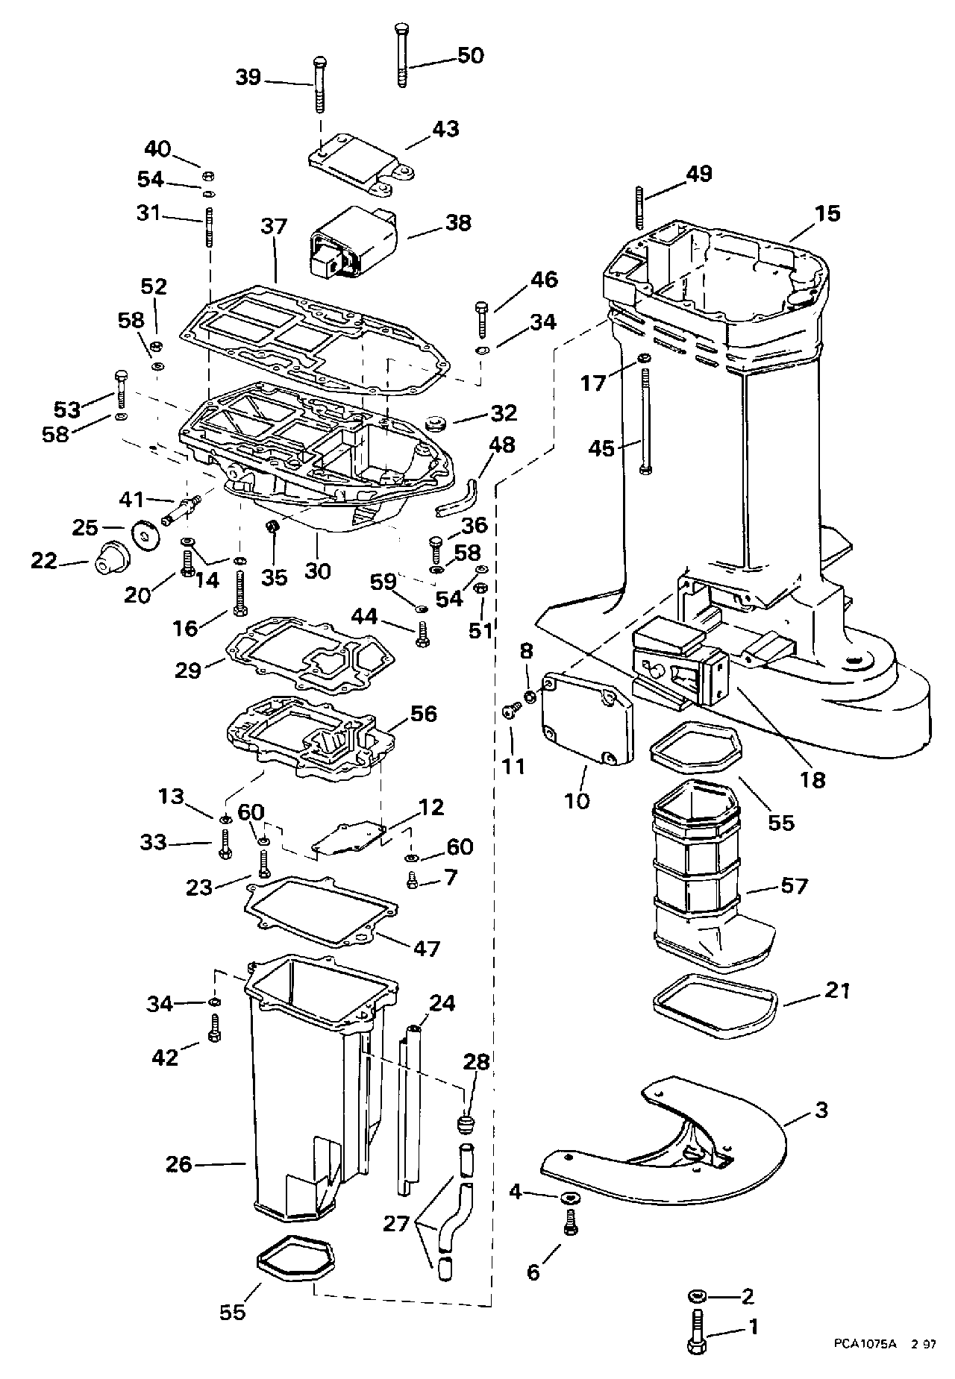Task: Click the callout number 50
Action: click(470, 56)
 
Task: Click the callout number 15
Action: click(828, 213)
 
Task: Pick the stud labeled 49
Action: click(640, 207)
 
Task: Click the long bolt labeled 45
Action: click(645, 418)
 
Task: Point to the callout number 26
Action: click(179, 1163)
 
